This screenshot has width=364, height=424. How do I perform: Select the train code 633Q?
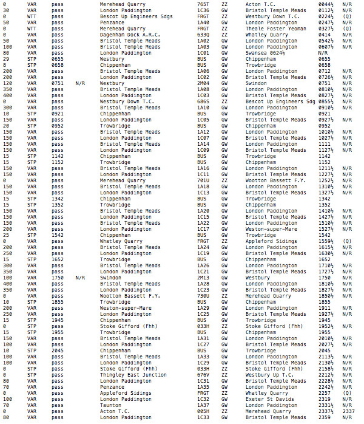click(x=203, y=35)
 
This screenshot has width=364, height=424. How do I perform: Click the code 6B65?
click(x=203, y=101)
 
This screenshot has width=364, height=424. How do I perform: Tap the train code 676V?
click(x=203, y=375)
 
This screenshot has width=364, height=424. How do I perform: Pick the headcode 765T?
click(x=203, y=4)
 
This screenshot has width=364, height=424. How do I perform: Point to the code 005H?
click(x=203, y=411)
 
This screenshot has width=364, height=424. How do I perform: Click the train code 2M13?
click(x=203, y=278)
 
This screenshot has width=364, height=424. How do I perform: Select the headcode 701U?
click(x=203, y=180)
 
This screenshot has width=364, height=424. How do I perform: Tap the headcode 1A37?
click(x=203, y=405)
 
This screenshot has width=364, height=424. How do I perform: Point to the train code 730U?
click(x=203, y=296)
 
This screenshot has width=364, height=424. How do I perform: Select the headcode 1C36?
click(x=203, y=10)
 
